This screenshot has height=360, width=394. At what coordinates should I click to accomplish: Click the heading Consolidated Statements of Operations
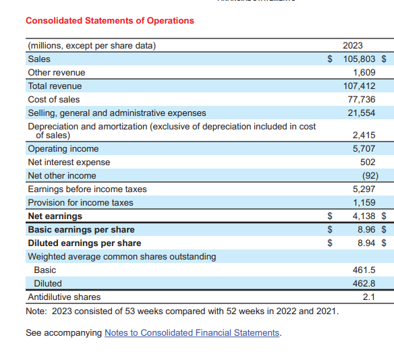(109, 20)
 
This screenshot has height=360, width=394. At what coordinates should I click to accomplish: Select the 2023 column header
(352, 45)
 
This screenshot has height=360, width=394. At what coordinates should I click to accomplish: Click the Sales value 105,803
(360, 59)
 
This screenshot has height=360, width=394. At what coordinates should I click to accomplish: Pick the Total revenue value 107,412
(360, 86)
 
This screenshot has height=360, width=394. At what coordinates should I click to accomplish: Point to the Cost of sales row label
(53, 99)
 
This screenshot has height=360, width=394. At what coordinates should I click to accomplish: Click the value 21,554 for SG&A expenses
(362, 113)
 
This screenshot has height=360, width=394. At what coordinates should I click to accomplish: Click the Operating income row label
(63, 148)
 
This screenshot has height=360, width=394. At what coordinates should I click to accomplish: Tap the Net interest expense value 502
(368, 162)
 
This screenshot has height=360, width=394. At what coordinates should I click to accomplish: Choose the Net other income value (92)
(369, 175)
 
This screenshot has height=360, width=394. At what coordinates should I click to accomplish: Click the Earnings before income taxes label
(87, 189)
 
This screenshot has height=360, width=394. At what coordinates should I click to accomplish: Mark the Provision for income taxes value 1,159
(364, 202)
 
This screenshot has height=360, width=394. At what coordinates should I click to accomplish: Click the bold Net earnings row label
(55, 216)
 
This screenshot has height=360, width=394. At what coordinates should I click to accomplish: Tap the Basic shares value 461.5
(364, 270)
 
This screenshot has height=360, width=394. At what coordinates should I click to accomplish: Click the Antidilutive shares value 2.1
(369, 297)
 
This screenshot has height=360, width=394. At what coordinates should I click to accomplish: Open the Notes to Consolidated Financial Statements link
(192, 332)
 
